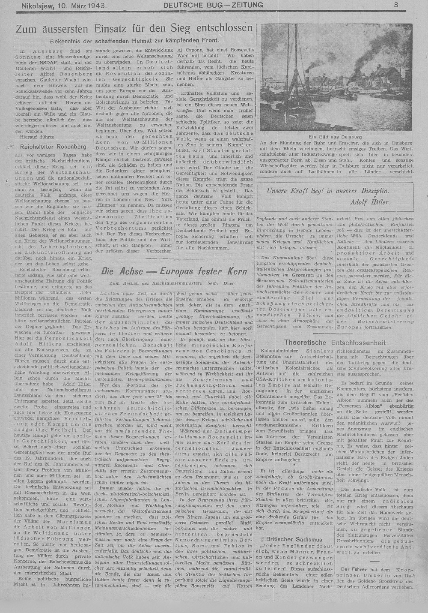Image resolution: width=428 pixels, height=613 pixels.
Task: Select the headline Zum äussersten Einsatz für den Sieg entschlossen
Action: pyautogui.click(x=134, y=29)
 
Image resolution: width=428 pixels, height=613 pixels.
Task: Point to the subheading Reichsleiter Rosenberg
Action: pyautogui.click(x=56, y=146)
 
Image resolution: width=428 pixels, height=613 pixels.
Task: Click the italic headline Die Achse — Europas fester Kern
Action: pyautogui.click(x=174, y=271)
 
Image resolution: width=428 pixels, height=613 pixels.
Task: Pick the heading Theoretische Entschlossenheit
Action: pyautogui.click(x=335, y=343)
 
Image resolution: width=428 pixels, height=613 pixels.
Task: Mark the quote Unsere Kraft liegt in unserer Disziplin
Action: pyautogui.click(x=328, y=191)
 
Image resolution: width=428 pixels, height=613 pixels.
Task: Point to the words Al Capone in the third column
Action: pyautogui.click(x=190, y=51)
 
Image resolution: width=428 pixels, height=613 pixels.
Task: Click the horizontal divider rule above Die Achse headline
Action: pyautogui.click(x=174, y=258)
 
